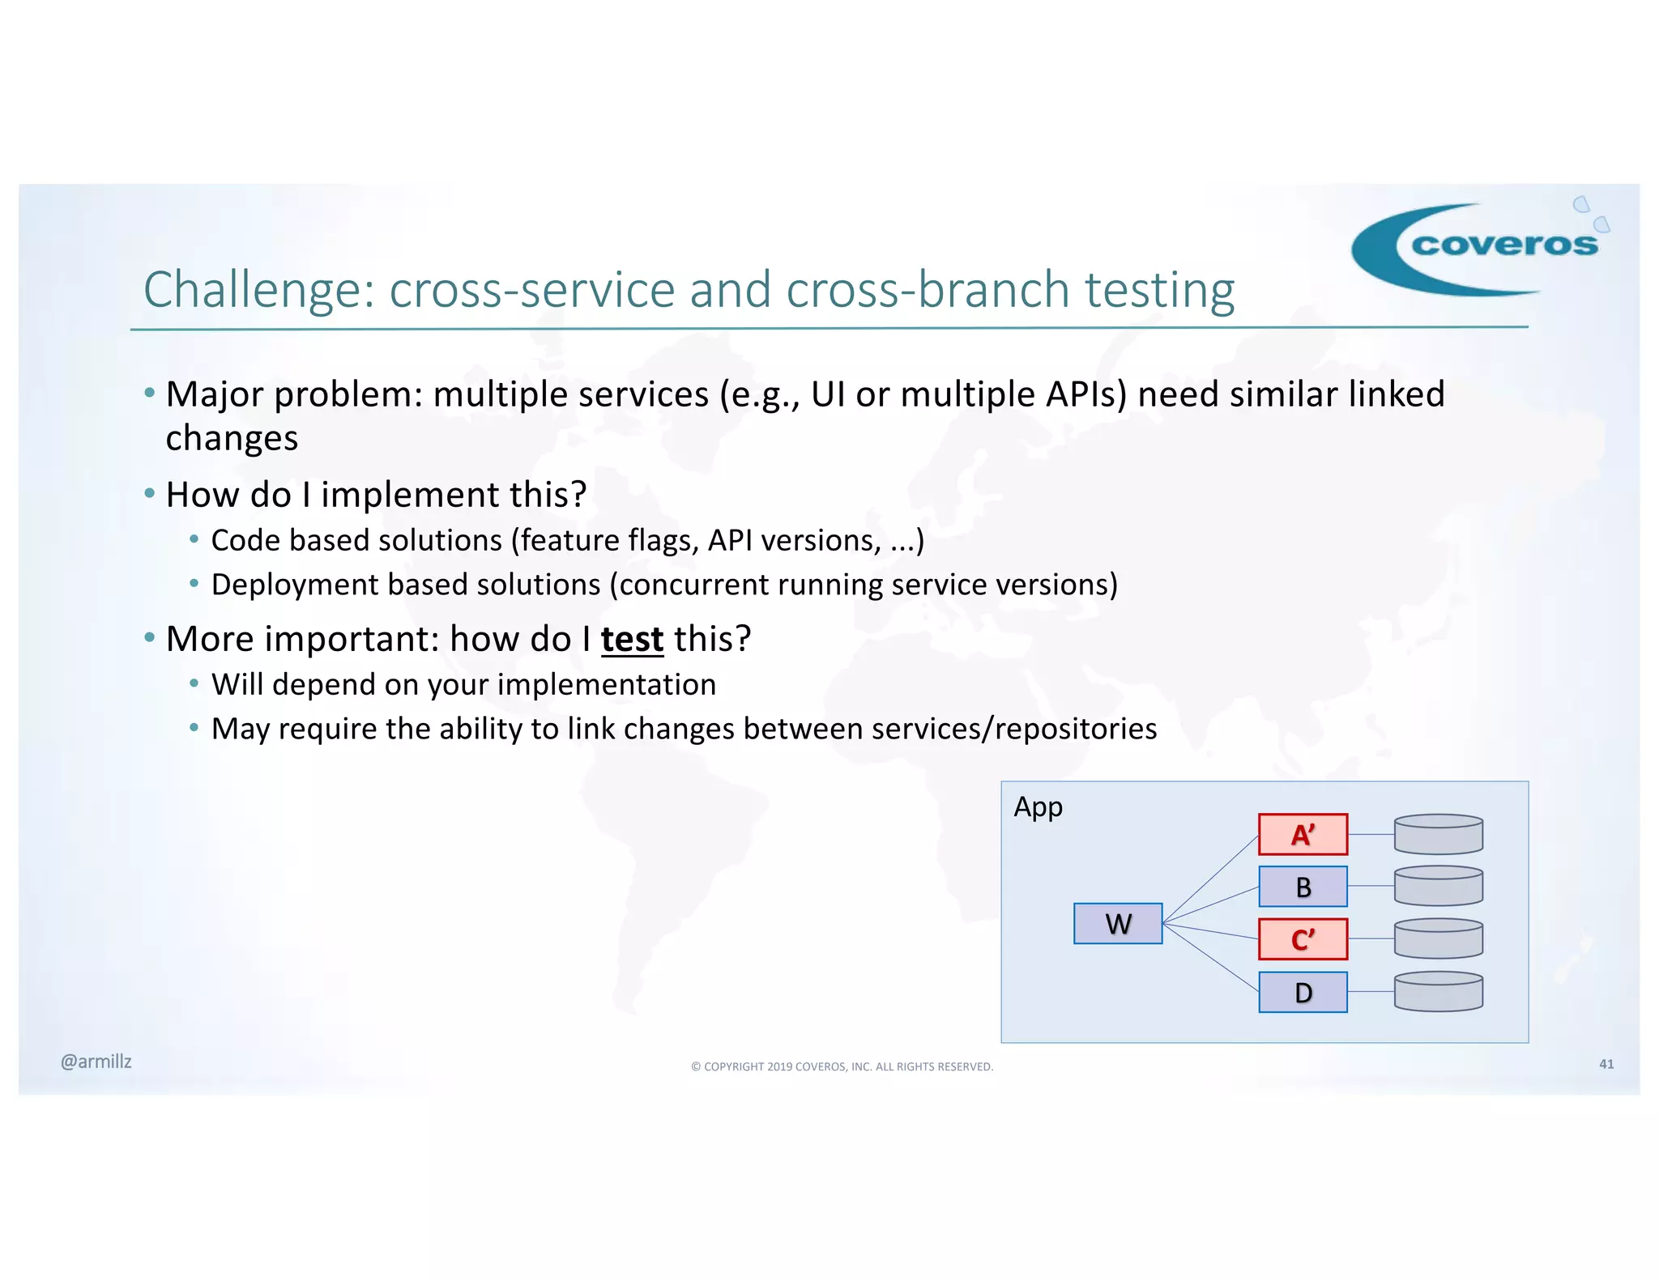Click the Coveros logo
click(x=1478, y=246)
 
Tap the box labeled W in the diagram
click(x=1117, y=923)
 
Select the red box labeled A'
click(x=1303, y=834)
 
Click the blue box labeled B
click(x=1303, y=887)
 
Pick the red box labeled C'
click(x=1303, y=939)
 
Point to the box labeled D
click(x=1303, y=992)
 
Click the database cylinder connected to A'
click(x=1438, y=834)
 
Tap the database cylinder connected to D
click(x=1438, y=992)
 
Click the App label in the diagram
click(x=1038, y=807)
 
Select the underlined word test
click(x=632, y=639)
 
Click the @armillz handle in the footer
click(x=96, y=1062)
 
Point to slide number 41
click(x=1606, y=1064)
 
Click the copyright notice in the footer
click(x=842, y=1066)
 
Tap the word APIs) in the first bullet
click(x=1085, y=394)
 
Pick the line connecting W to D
click(x=1210, y=957)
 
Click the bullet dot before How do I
click(x=149, y=493)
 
